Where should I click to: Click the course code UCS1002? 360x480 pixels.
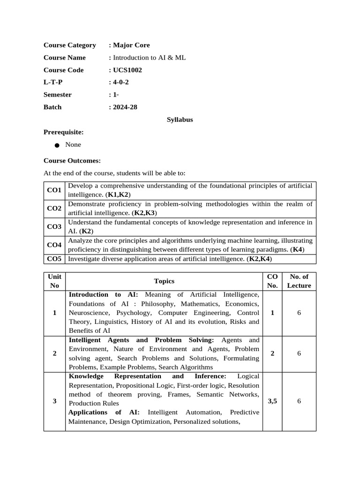click(127, 70)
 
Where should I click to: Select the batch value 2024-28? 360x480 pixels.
click(125, 107)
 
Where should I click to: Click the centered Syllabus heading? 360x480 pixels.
click(180, 120)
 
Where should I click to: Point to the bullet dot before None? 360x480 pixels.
click(57, 145)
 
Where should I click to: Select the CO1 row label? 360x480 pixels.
click(54, 190)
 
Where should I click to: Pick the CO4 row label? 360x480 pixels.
click(54, 245)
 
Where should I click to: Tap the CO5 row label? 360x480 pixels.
click(54, 259)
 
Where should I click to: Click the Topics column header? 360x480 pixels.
click(164, 281)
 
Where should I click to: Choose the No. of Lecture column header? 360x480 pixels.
click(299, 281)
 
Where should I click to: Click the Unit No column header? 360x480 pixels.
click(55, 281)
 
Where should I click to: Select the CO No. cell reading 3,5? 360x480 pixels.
click(272, 401)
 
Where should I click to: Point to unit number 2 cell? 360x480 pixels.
click(55, 353)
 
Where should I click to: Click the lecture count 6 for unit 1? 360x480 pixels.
click(299, 313)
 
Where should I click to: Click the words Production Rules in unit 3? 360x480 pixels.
click(94, 403)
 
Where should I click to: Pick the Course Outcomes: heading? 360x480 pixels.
click(72, 160)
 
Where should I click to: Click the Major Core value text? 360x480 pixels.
click(131, 45)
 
